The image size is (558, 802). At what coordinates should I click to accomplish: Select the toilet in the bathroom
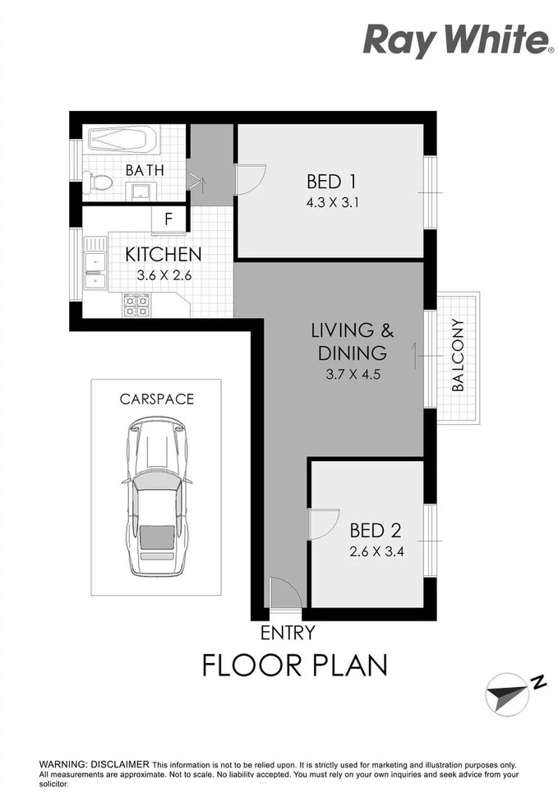coord(96,183)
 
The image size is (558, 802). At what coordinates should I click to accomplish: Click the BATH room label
coord(145,170)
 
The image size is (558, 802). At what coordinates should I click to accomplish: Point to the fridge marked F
coord(168,219)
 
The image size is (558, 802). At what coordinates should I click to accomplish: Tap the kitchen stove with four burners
coord(136,305)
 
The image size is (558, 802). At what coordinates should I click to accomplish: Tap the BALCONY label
coord(458,355)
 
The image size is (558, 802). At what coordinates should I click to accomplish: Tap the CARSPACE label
coord(156,399)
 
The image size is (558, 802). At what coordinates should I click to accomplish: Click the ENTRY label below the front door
coord(287,633)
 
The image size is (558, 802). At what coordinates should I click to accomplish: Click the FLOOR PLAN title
coord(294,665)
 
